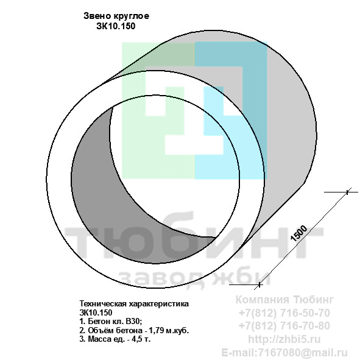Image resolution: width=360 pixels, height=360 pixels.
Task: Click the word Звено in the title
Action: pos(97,16)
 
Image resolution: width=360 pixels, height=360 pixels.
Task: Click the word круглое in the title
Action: pos(131,16)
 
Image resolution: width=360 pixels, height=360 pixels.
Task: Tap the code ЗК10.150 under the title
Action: pos(116,26)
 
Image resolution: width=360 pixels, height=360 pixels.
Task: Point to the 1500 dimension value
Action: pos(298,233)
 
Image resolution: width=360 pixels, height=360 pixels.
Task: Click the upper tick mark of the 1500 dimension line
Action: pos(347,192)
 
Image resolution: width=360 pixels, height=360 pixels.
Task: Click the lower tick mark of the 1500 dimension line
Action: pos(259,284)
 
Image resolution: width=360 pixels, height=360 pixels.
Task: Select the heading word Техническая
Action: pos(104,304)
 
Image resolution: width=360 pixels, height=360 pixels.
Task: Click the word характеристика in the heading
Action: pos(159,304)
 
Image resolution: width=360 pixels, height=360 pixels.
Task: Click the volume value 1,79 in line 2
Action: pos(157,331)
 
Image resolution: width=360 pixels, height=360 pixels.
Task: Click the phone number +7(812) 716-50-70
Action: pos(284,313)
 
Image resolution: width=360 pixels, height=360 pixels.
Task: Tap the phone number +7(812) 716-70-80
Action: pos(284,326)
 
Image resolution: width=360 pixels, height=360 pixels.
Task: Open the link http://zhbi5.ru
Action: pos(284,339)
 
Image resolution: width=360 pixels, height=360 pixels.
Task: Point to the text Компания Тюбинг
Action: pos(284,300)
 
